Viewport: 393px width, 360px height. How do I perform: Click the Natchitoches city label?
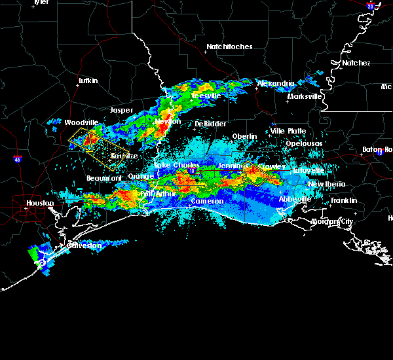point(229,47)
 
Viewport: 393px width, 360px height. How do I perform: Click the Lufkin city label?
point(88,81)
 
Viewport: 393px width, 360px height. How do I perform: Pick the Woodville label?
point(81,122)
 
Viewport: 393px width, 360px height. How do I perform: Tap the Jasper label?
point(122,110)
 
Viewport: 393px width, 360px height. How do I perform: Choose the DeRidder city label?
point(210,124)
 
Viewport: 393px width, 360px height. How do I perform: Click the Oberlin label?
point(244,136)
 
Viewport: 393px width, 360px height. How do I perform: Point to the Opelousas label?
point(306,143)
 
